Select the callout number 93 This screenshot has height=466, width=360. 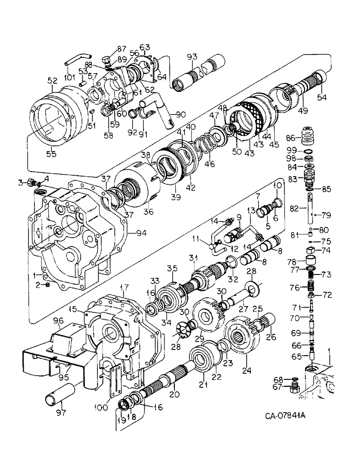[190, 57]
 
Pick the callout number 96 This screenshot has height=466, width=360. [58, 321]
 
